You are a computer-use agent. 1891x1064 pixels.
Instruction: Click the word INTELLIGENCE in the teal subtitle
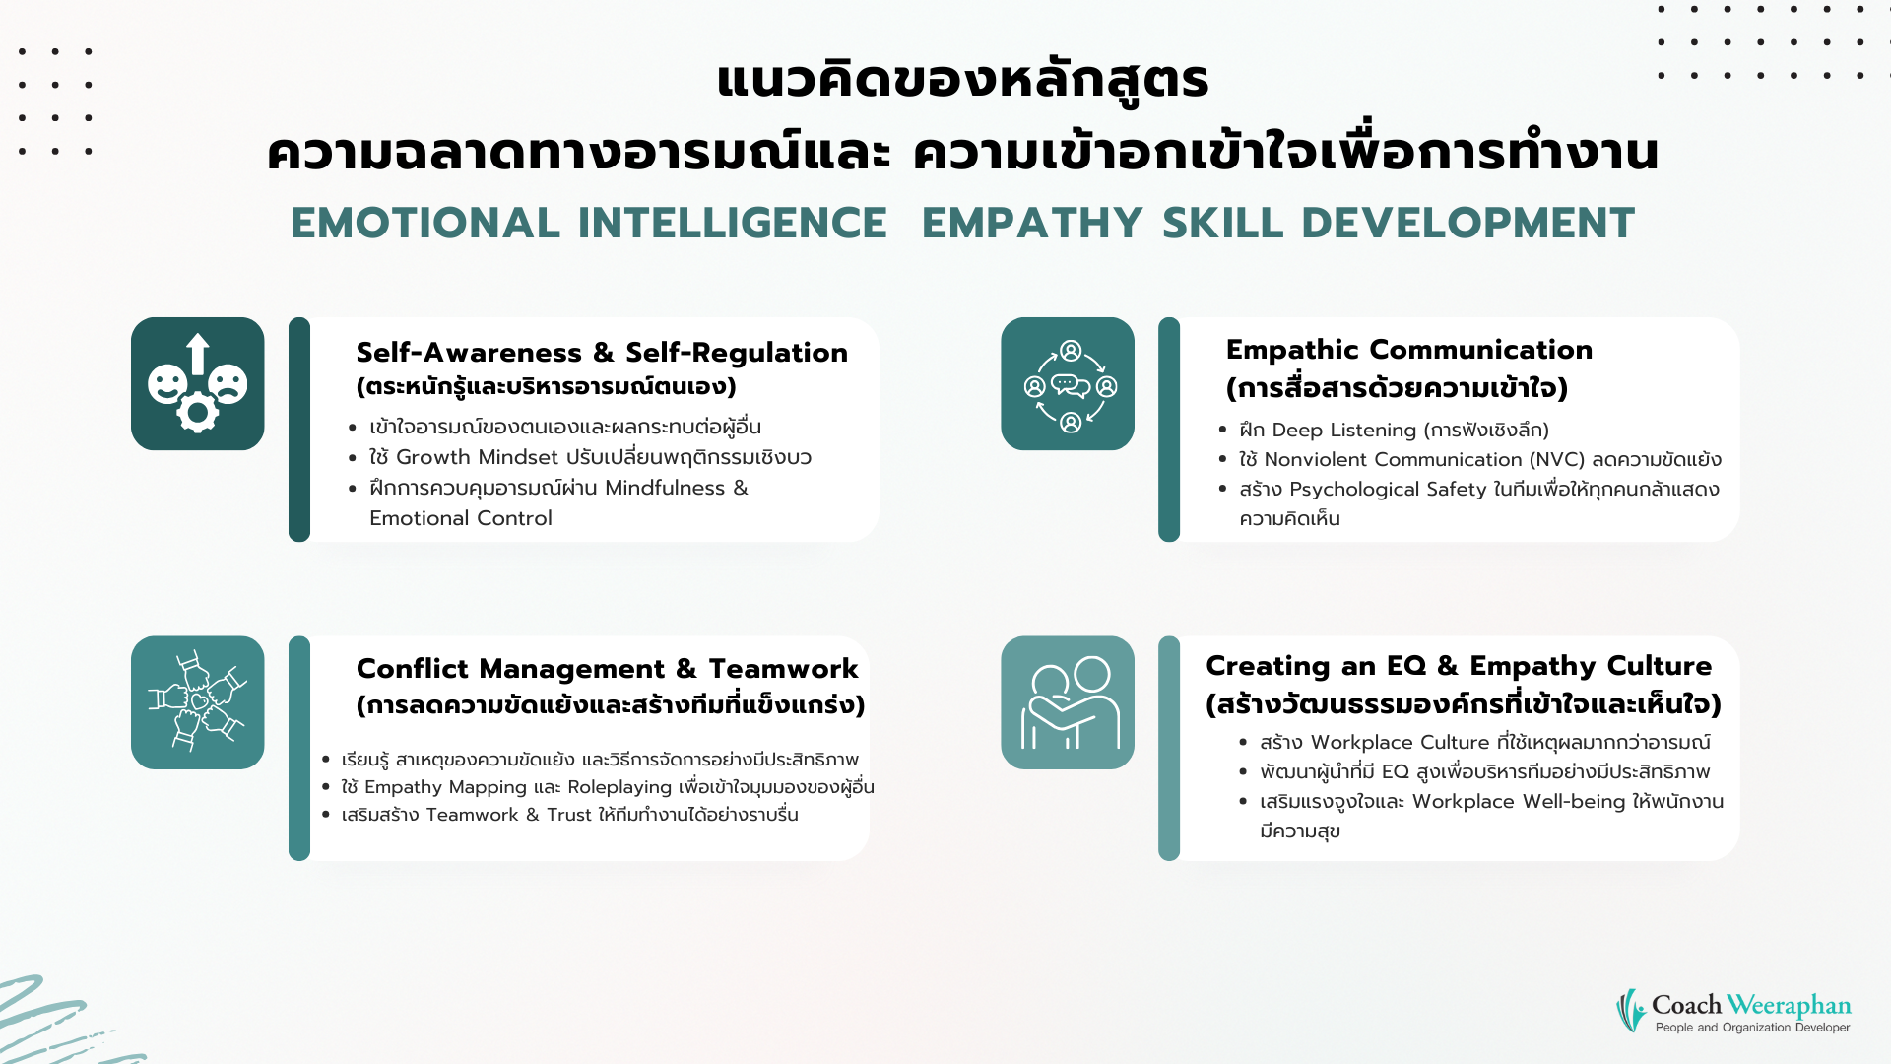tap(733, 223)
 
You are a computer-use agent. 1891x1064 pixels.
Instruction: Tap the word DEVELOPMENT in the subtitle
tap(1467, 223)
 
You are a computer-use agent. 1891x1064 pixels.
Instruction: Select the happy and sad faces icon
tap(198, 384)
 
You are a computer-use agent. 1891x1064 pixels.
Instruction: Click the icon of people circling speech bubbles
tap(1068, 384)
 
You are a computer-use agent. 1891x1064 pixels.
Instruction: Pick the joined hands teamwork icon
tap(198, 702)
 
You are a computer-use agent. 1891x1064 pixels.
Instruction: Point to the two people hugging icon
tap(1068, 702)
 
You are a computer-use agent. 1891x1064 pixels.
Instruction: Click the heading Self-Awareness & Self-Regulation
tap(602, 353)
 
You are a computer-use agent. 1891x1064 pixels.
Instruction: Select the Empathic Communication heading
tap(1409, 350)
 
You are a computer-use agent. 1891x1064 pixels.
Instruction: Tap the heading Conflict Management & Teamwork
tap(607, 669)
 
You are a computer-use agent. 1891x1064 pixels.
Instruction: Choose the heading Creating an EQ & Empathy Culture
tap(1459, 667)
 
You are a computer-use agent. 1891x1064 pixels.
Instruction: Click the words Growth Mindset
tap(478, 457)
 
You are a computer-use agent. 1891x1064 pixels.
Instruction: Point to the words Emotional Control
tap(461, 518)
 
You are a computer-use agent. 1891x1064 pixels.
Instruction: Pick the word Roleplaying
tap(620, 787)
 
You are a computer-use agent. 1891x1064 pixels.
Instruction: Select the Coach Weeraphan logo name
tap(1751, 1005)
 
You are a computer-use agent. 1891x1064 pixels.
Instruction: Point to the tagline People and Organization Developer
tap(1753, 1028)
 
